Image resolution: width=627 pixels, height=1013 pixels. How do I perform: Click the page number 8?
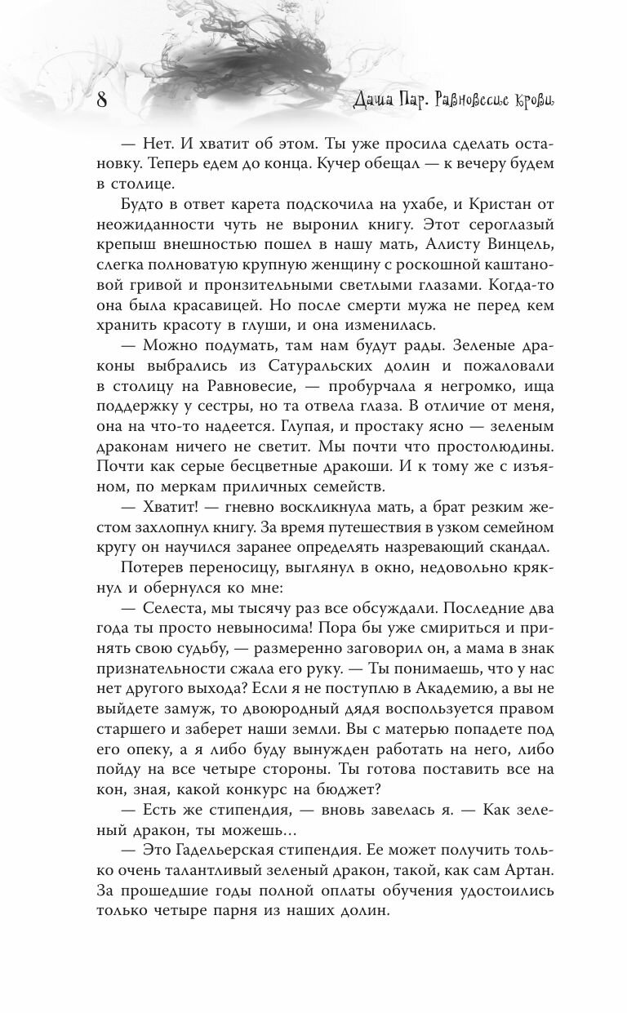[102, 101]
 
